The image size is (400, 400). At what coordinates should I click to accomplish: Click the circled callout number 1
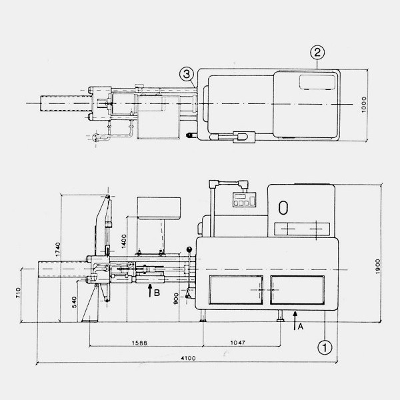pos(325,347)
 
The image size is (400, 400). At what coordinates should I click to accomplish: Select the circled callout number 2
pos(317,53)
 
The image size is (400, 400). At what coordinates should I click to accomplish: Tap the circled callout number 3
pos(187,74)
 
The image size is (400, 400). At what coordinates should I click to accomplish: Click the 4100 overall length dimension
pos(188,358)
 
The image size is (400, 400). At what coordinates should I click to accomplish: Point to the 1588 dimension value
pos(139,343)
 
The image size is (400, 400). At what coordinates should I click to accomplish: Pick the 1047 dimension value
pos(238,343)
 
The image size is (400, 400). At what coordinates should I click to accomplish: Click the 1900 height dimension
pos(378,267)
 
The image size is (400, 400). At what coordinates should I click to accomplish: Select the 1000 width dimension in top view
pos(364,105)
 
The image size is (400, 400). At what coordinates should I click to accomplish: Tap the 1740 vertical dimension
pos(58,249)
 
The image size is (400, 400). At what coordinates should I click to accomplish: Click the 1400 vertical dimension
pos(124,241)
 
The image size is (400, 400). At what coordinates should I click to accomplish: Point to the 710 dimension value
pos(18,293)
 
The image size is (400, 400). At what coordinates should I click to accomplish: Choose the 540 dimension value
pos(74,302)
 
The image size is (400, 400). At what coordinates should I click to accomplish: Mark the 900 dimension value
pos(176,299)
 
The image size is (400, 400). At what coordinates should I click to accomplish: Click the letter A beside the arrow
pos(301,326)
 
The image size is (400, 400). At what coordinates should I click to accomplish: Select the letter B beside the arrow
pos(157,293)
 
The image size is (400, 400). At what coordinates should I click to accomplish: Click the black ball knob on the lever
pos(189,249)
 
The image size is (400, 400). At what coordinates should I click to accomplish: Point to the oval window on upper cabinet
pos(283,207)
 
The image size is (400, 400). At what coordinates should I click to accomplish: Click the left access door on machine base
pos(236,290)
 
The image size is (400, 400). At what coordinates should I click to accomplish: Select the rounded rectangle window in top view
pos(317,82)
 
